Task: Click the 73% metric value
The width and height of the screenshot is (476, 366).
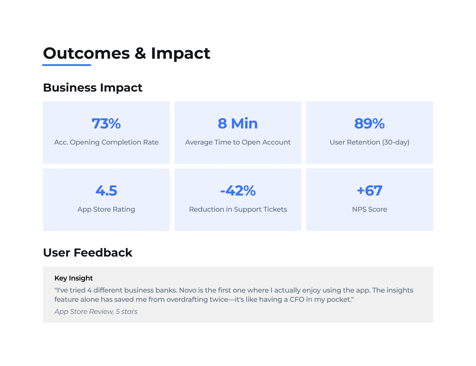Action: click(106, 124)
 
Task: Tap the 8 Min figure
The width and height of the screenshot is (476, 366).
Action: click(238, 124)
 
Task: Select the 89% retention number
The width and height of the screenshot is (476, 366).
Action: click(369, 124)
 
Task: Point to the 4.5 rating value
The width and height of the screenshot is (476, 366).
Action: click(106, 191)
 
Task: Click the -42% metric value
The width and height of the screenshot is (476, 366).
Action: click(238, 191)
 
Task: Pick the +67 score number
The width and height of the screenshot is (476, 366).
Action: click(369, 191)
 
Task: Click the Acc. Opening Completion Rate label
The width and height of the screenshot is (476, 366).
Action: click(106, 142)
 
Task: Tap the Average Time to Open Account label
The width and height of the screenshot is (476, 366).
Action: click(238, 142)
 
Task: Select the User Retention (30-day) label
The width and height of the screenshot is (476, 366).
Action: click(369, 142)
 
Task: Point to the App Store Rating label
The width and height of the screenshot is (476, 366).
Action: click(106, 209)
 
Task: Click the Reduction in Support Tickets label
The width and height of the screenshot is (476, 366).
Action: click(238, 209)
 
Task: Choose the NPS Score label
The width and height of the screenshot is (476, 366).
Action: click(369, 209)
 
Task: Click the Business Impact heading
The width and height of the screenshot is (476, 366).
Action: click(93, 88)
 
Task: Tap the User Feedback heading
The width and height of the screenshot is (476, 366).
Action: click(87, 253)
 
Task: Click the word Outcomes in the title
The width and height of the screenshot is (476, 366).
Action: click(86, 54)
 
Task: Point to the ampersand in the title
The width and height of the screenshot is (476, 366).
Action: click(140, 54)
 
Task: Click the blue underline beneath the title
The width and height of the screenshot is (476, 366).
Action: click(67, 65)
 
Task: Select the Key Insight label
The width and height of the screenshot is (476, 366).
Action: click(73, 278)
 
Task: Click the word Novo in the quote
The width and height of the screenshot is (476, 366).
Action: click(188, 290)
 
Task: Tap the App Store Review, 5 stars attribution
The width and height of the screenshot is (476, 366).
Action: click(96, 312)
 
